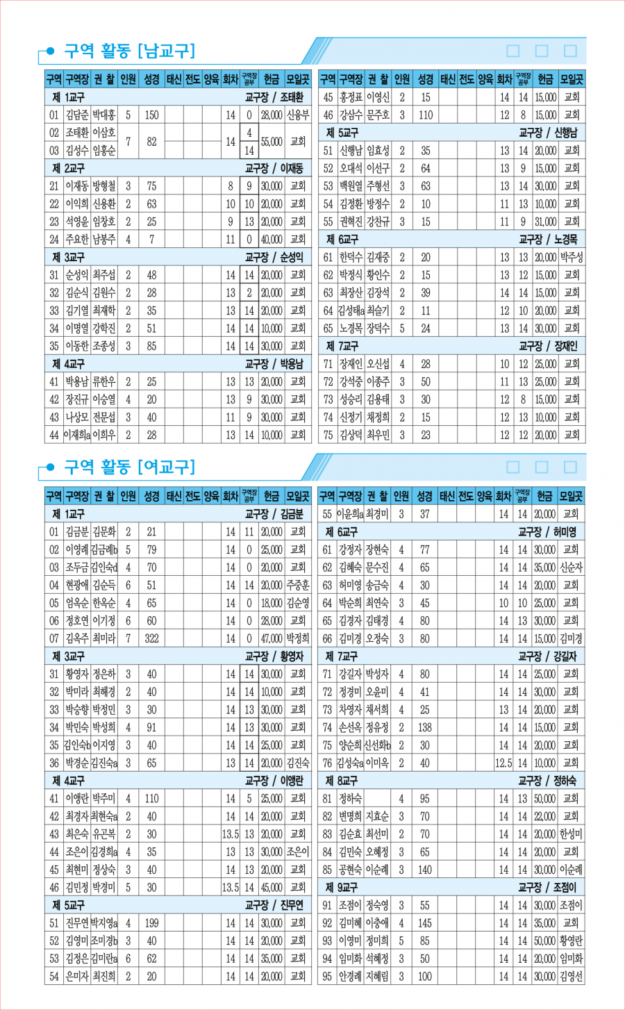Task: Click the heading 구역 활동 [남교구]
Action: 129,51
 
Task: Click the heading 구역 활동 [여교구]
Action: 129,467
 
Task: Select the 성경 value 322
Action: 151,638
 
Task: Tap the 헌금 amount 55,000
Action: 272,142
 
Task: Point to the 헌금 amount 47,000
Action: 272,638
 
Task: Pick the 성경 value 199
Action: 151,923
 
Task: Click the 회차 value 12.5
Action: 503,763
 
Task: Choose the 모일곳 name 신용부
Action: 298,115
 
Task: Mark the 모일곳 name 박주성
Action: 572,257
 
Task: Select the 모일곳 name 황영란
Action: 571,941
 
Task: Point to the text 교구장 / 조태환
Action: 274,97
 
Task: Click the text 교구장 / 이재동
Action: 274,169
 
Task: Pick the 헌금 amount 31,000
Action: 546,222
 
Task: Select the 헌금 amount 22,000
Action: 545,816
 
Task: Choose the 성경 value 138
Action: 424,727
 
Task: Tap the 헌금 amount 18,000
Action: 272,603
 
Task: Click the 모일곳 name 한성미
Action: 571,834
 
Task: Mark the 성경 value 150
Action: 151,115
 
